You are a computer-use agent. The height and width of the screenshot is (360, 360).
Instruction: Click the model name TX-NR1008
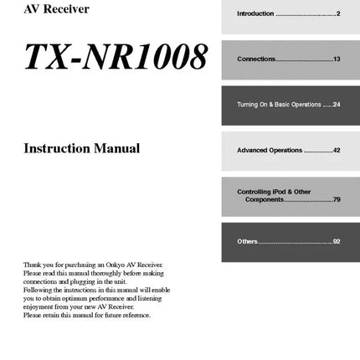115,56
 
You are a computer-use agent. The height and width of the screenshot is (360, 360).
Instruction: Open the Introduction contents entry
255,14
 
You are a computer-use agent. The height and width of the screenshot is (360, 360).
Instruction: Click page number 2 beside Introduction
338,14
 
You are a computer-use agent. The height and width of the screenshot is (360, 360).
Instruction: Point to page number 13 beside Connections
337,59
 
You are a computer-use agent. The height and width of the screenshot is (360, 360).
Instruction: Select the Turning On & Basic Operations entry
278,105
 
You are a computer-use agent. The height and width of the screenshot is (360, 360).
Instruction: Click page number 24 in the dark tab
337,105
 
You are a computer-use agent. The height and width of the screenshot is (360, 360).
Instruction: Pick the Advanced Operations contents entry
269,150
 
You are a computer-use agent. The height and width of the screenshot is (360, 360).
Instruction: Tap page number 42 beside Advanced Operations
337,150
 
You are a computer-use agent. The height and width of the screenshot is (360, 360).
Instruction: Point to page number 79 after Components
337,199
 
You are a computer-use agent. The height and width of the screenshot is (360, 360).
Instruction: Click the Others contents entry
247,241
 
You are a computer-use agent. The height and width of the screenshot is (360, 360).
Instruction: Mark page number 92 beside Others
337,241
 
